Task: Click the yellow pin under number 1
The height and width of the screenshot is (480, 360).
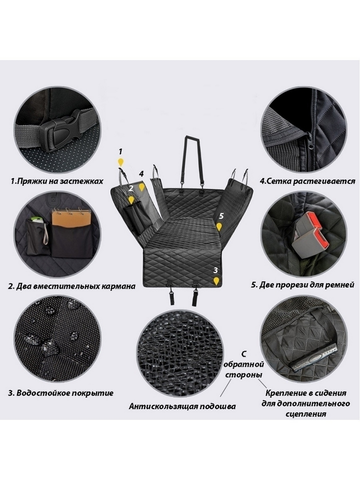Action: tap(121, 162)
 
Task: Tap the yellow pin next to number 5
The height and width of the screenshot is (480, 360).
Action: tap(219, 227)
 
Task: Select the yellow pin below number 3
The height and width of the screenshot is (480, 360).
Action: tap(216, 281)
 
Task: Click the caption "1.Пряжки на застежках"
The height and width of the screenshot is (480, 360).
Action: tap(57, 181)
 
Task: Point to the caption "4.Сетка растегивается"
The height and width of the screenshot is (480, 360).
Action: tap(307, 181)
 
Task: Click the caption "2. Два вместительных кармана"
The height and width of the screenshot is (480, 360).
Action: tap(72, 286)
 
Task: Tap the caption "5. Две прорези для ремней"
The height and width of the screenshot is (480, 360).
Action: tap(302, 285)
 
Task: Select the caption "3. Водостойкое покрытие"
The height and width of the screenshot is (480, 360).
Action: tap(60, 393)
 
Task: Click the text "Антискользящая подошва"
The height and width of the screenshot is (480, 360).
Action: tap(182, 406)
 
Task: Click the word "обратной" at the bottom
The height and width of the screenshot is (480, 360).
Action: tap(244, 365)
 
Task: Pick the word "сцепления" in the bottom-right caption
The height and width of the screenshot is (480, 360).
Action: tap(306, 414)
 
